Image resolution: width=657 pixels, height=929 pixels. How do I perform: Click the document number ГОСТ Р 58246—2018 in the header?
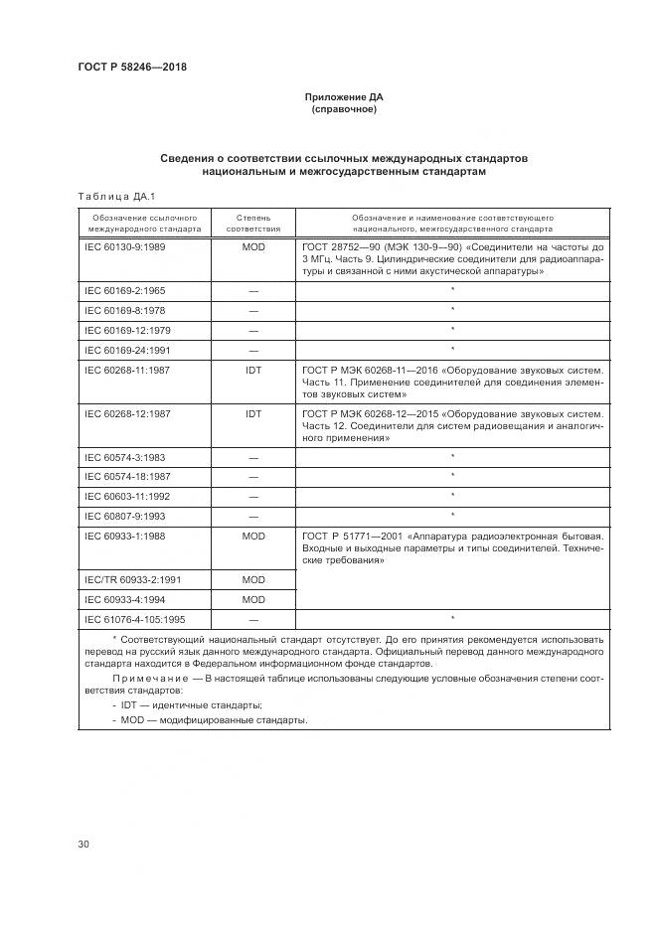pyautogui.click(x=131, y=67)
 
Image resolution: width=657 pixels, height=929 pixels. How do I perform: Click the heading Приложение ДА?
pyautogui.click(x=343, y=97)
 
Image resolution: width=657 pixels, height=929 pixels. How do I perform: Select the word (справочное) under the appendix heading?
pyautogui.click(x=343, y=109)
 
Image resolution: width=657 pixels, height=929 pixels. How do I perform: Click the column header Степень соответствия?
pyautogui.click(x=252, y=222)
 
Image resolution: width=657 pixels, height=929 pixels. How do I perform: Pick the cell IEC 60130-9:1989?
pyautogui.click(x=125, y=245)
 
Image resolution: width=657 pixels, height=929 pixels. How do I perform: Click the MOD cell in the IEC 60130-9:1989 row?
pyautogui.click(x=252, y=245)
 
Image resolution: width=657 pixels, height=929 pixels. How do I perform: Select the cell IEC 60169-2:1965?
pyautogui.click(x=125, y=290)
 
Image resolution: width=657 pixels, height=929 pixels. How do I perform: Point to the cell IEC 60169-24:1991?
pyautogui.click(x=127, y=349)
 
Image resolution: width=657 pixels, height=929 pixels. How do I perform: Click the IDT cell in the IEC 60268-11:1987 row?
pyautogui.click(x=252, y=369)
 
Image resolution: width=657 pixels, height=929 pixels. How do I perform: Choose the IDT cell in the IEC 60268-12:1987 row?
pyautogui.click(x=252, y=412)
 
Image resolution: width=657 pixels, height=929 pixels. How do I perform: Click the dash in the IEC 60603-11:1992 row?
pyautogui.click(x=252, y=496)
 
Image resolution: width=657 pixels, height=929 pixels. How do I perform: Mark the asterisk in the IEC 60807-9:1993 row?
pyautogui.click(x=452, y=515)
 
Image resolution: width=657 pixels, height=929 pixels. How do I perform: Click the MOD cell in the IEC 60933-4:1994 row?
pyautogui.click(x=252, y=599)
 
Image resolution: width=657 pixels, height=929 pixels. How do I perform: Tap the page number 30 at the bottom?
pyautogui.click(x=83, y=845)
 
